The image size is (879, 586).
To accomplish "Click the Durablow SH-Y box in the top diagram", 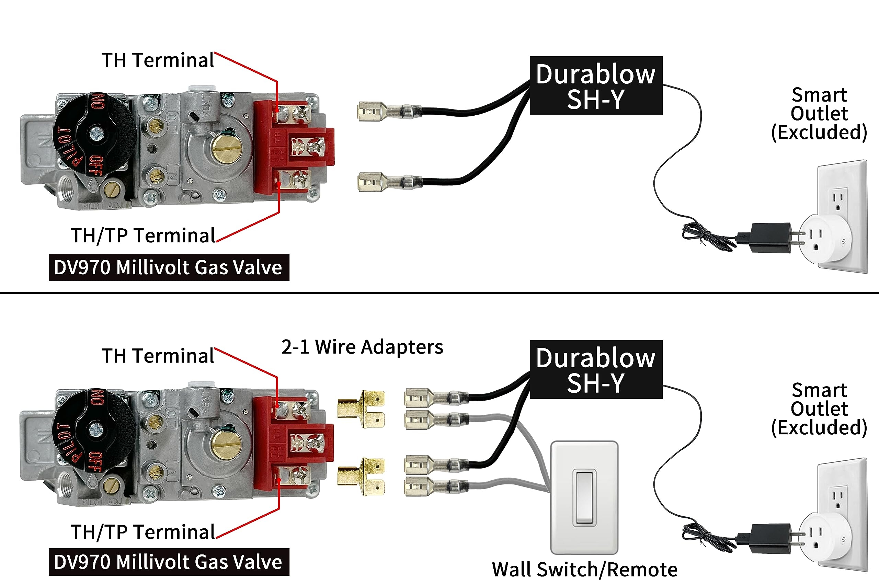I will pos(596,85).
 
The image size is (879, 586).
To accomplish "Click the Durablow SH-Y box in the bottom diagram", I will pos(596,369).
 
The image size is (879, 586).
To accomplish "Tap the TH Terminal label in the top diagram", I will pos(158,60).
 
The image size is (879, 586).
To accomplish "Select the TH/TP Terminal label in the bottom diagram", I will pos(143,531).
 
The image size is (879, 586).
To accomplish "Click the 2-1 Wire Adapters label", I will pos(362,347).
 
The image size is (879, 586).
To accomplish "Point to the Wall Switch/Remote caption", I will pos(584,570).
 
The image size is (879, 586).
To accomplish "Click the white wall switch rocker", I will pos(584,497).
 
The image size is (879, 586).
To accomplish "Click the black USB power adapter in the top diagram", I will pos(770,238).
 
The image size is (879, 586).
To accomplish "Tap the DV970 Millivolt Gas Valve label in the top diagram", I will pos(169,267).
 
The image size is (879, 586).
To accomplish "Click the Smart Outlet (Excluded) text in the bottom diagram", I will pos(819,409).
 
